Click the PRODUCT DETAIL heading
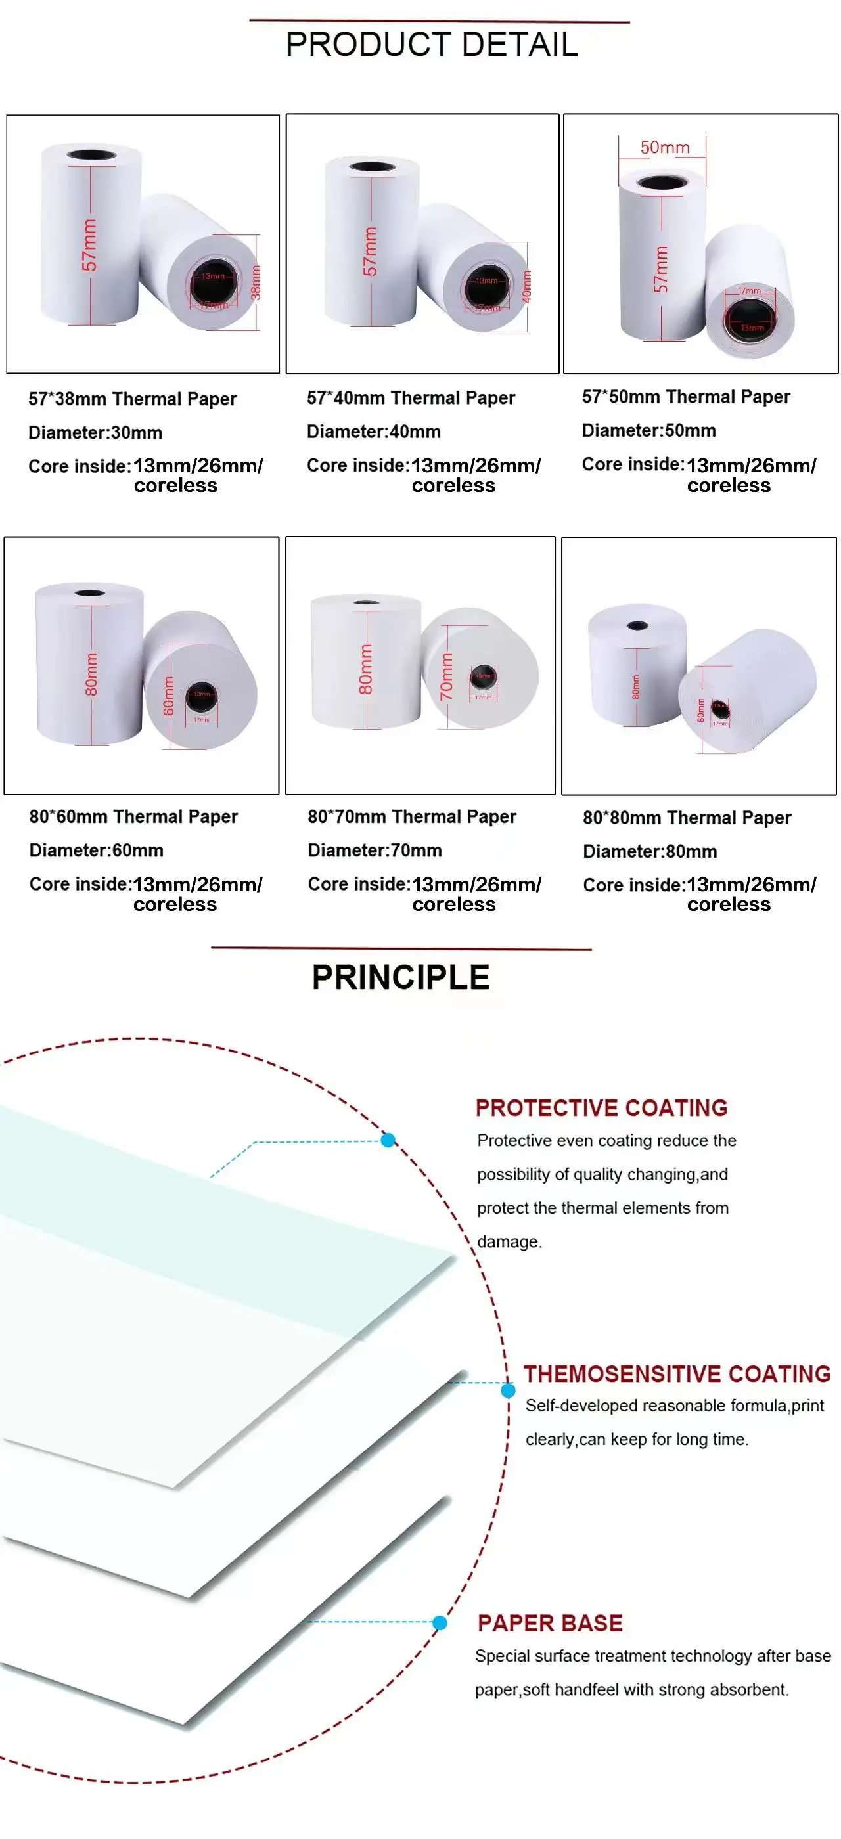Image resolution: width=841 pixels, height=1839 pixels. tap(432, 45)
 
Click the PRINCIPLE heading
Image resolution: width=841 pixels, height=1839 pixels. tap(401, 977)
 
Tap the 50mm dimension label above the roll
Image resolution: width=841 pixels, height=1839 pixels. tap(665, 148)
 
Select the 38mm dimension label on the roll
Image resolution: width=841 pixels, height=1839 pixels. tap(256, 282)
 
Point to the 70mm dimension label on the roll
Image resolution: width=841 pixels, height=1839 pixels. tap(446, 676)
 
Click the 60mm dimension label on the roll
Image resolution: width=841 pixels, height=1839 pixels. tap(168, 696)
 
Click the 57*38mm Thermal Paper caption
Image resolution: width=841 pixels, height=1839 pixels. tap(132, 399)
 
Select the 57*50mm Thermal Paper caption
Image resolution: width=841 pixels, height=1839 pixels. tap(685, 397)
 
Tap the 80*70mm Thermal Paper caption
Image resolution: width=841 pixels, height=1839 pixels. tap(411, 816)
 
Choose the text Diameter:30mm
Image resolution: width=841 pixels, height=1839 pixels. tap(95, 433)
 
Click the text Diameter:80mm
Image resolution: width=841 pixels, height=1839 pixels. tap(650, 852)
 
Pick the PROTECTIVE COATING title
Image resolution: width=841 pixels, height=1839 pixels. tap(601, 1108)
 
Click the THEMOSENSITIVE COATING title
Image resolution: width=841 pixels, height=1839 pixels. tap(677, 1374)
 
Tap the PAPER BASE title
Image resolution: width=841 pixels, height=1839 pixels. tap(550, 1624)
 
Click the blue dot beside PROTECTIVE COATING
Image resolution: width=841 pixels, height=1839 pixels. tap(388, 1140)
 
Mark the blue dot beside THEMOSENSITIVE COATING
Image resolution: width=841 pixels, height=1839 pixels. tap(509, 1390)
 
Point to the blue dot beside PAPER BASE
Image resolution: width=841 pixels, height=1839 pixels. tap(440, 1624)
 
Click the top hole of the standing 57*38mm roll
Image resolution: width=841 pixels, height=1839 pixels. tap(91, 156)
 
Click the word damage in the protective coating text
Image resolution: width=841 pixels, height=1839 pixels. tap(509, 1242)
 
